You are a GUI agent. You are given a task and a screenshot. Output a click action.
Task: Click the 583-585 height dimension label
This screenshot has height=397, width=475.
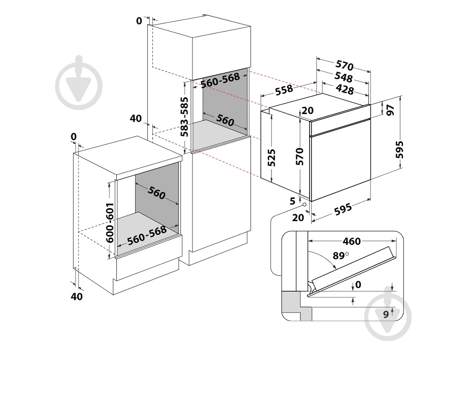pos(185,116)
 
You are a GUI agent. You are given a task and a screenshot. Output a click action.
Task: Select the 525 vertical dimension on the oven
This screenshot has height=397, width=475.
pos(272,157)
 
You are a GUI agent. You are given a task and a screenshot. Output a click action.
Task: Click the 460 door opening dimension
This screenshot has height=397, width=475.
pos(351,241)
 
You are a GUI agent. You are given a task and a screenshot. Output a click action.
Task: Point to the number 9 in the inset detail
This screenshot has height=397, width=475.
pos(386,315)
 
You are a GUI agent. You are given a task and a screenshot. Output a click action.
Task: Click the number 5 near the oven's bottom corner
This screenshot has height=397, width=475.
pos(293,201)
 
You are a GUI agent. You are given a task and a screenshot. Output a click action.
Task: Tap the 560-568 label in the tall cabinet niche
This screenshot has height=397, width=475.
pos(220,81)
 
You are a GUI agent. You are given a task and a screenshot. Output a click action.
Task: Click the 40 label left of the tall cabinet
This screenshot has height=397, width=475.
pos(136,118)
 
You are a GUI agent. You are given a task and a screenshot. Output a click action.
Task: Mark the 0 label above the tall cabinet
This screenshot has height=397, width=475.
pos(139,21)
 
